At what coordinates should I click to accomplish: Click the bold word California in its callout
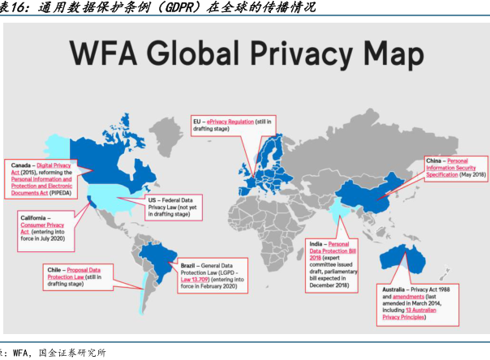(x=36, y=218)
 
